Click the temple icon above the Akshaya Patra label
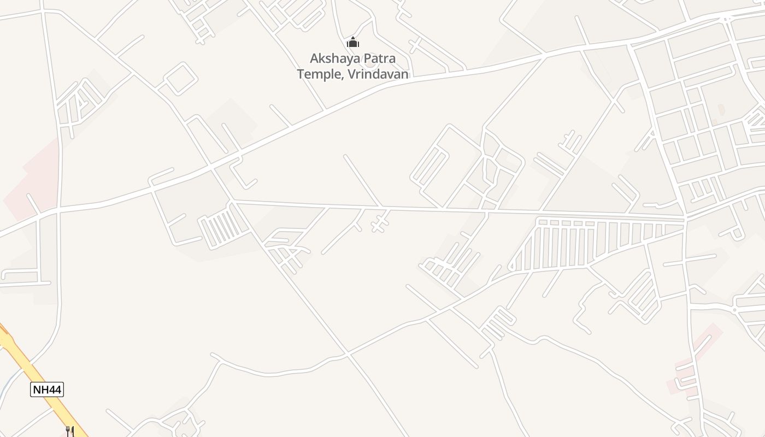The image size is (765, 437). [x=353, y=42]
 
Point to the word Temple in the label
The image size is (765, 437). [x=319, y=74]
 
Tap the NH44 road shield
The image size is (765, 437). [x=47, y=389]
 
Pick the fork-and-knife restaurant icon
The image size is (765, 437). [x=70, y=431]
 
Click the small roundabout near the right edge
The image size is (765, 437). [x=734, y=310]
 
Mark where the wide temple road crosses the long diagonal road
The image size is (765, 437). [x=211, y=166]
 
